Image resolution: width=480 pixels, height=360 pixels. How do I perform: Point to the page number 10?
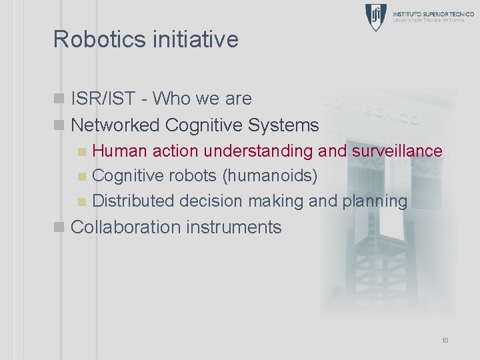(445, 341)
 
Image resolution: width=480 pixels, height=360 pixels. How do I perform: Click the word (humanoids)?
(270, 176)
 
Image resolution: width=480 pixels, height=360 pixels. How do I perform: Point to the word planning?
(375, 201)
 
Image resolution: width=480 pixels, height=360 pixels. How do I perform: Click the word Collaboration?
(125, 227)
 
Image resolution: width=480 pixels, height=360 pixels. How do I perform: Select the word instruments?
(234, 227)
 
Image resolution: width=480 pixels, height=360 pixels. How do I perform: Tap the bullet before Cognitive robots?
(81, 177)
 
